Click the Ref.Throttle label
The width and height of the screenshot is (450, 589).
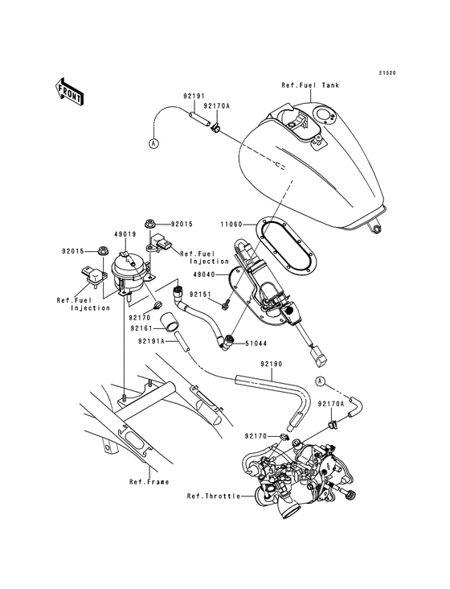point(213,496)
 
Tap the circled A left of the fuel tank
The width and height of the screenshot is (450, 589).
point(153,143)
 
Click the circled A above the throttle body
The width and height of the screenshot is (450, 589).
point(320,380)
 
